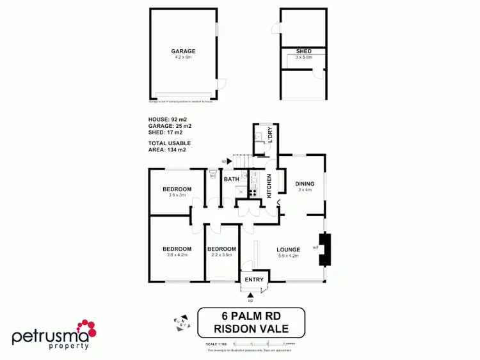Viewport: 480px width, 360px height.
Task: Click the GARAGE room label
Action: point(183,51)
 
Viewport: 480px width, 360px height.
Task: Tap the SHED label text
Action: point(303,52)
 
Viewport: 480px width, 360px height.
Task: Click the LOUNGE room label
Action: point(289,249)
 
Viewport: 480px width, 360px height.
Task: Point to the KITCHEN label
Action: point(269,185)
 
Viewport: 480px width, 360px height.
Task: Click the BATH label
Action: point(231,179)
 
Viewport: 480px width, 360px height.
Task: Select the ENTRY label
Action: point(254,279)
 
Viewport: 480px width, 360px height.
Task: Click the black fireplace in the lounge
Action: point(325,249)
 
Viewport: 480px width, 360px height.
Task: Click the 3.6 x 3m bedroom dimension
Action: point(177,196)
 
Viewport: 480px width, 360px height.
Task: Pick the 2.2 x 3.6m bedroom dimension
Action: point(221,256)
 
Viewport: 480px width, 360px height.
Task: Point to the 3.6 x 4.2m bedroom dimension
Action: point(177,256)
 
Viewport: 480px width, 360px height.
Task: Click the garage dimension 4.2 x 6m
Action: point(183,58)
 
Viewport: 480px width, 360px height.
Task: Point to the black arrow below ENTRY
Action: point(250,295)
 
